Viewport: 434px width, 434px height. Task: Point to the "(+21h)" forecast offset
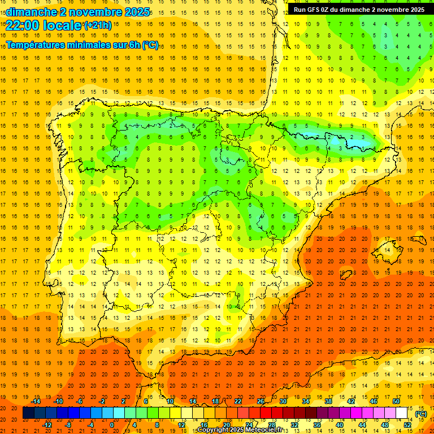coord(98,25)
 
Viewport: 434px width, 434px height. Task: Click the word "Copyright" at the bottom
coord(214,430)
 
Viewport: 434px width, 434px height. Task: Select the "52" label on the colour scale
coord(407,425)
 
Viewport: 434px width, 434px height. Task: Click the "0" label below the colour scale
coord(111,425)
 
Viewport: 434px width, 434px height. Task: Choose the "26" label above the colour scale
coord(261,401)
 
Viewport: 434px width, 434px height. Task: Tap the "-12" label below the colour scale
coord(47,425)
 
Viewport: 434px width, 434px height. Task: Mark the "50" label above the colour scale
coord(396,401)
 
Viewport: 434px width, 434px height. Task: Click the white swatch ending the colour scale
coord(401,413)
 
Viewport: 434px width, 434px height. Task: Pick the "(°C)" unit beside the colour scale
coord(420,414)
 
